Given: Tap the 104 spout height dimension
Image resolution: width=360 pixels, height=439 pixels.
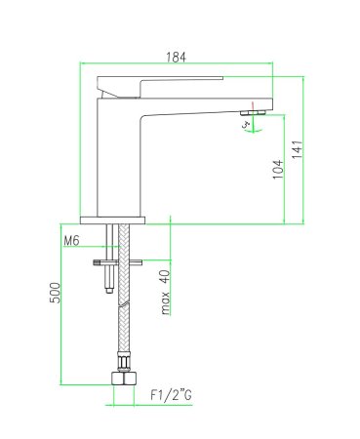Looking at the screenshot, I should [278, 171].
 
